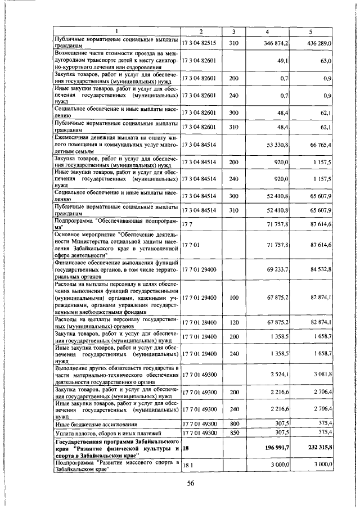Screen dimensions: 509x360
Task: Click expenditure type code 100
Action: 234,297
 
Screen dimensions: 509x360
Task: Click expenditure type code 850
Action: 234,433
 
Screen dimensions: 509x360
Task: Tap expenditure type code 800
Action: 234,423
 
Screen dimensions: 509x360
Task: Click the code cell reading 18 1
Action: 188,465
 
